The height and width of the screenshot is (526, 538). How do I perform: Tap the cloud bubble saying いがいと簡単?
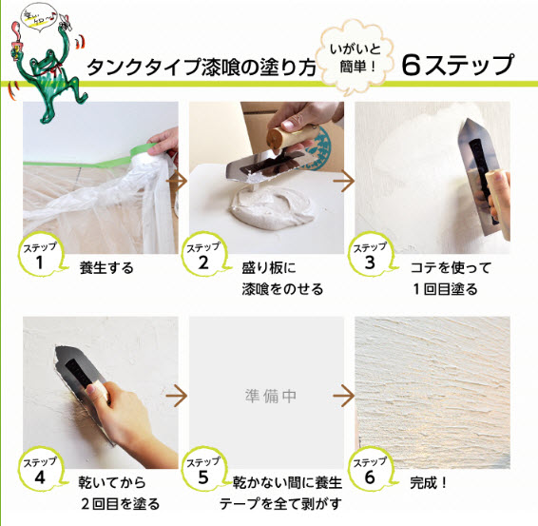point(355,58)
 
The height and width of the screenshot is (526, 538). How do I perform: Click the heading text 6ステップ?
point(457,65)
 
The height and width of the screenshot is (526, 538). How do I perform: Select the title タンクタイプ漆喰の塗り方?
point(201,66)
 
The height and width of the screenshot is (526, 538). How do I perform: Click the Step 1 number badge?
point(40,255)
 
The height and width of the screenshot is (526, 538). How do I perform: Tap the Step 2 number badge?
point(203,255)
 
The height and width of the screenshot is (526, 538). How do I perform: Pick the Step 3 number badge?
point(370,255)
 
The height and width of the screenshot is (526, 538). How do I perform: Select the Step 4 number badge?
point(40,470)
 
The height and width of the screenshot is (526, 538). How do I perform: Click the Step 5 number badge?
point(203,470)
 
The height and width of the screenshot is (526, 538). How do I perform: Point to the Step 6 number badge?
point(370,470)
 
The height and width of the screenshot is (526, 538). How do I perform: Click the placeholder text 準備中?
point(270,397)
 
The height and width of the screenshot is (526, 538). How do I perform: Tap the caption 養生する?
point(106,268)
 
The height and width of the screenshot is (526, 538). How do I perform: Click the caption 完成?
point(429,483)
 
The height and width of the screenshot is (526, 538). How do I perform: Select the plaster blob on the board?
point(272,206)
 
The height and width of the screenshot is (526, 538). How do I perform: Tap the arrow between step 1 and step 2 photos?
point(177,181)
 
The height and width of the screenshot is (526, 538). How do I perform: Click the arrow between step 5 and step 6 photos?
point(344,396)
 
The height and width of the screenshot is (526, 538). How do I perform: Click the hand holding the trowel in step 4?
point(128,421)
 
